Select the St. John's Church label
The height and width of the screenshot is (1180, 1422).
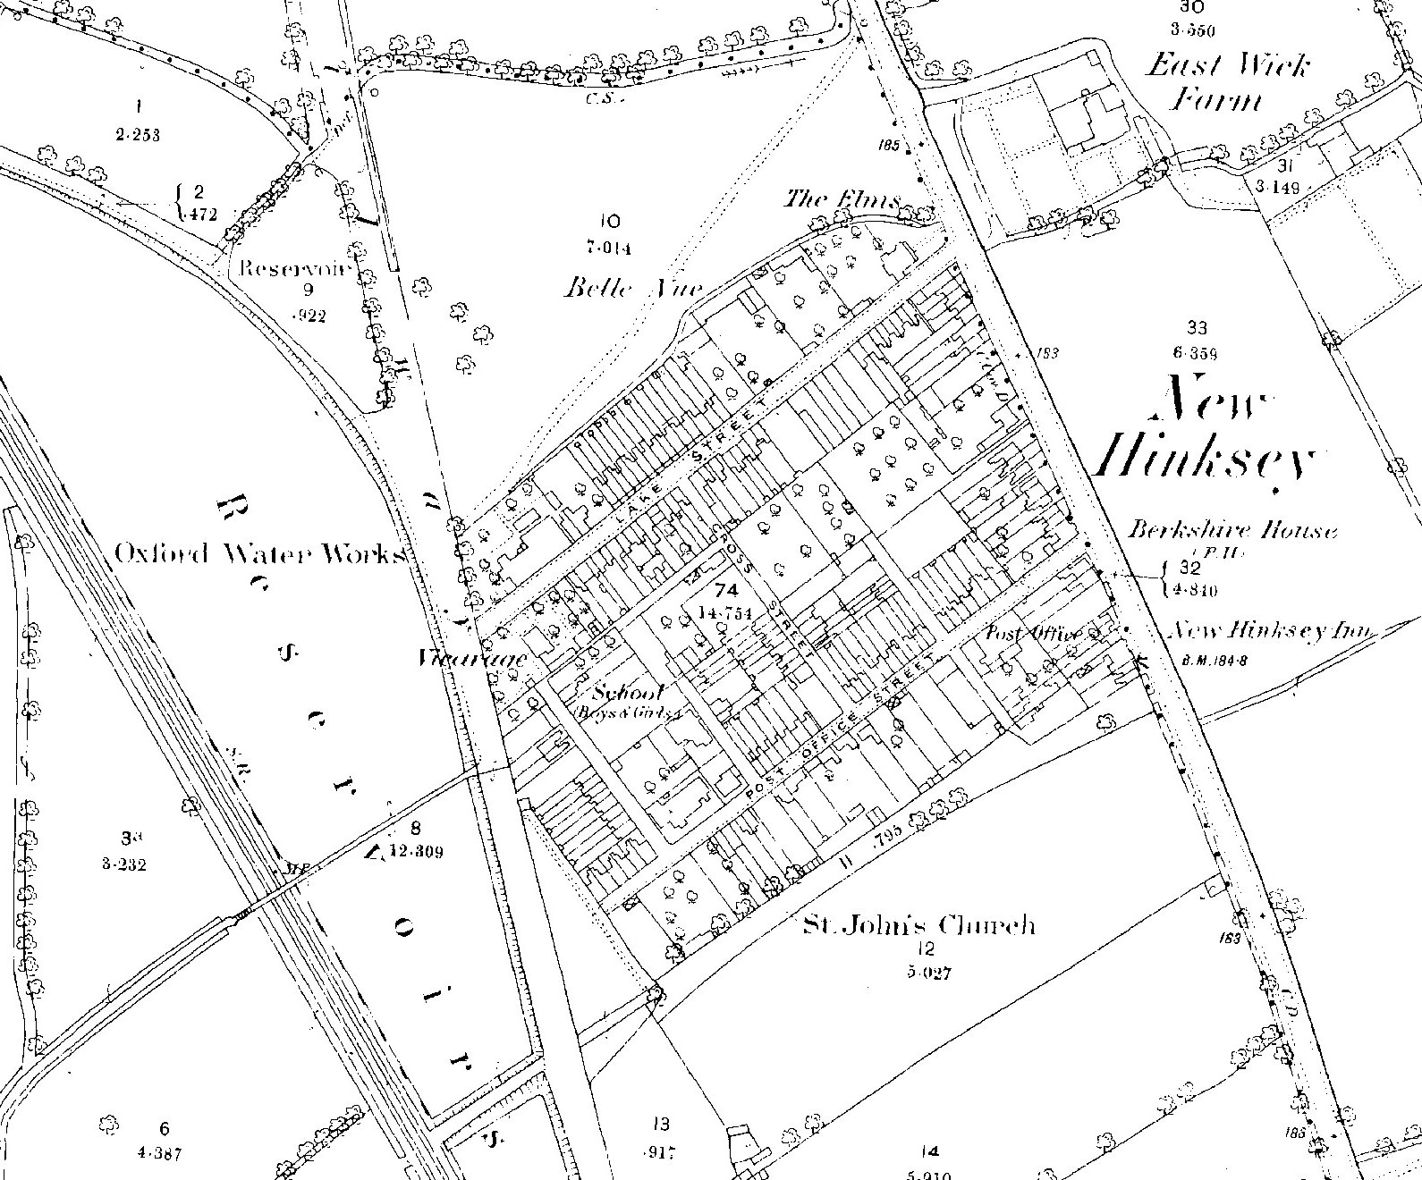[x=918, y=924]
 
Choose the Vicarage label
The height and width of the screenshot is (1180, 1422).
[x=472, y=660]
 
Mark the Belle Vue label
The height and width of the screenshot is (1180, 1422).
[x=633, y=288]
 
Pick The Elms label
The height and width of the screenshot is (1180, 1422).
[x=841, y=199]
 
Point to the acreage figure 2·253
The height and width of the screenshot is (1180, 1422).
[x=138, y=135]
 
